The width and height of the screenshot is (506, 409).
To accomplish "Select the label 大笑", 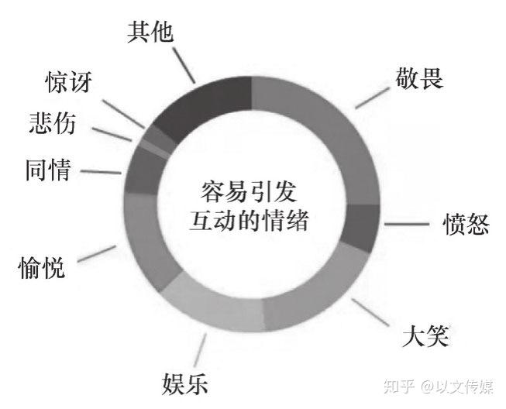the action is point(426,337).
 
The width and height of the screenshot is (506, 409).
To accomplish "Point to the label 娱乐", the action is point(186,383).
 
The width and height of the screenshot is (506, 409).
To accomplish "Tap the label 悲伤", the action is point(52,123).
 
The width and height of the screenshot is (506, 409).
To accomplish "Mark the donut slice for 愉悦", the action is point(143,240).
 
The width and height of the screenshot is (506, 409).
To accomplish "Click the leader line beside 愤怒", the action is point(406,225).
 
